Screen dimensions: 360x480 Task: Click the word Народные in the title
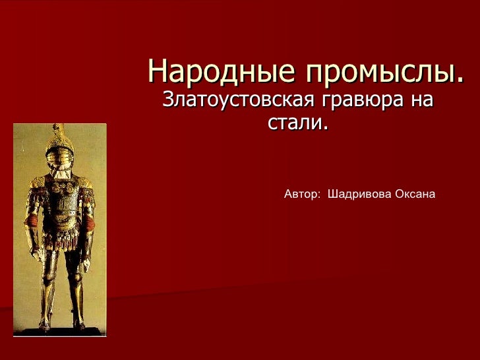(213, 71)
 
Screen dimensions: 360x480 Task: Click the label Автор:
(302, 195)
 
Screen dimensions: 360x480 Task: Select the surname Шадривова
(359, 195)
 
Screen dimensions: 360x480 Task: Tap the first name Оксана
(415, 195)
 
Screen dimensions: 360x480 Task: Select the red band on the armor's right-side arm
(90, 223)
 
